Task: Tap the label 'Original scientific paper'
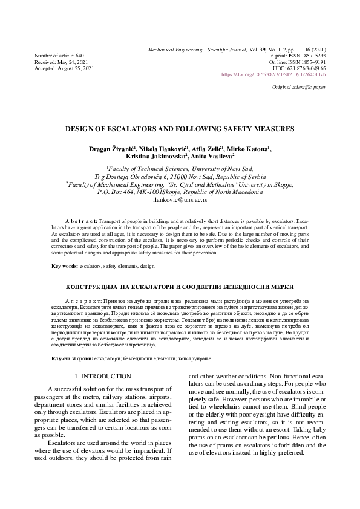(299, 88)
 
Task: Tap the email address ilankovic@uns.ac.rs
(180, 199)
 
